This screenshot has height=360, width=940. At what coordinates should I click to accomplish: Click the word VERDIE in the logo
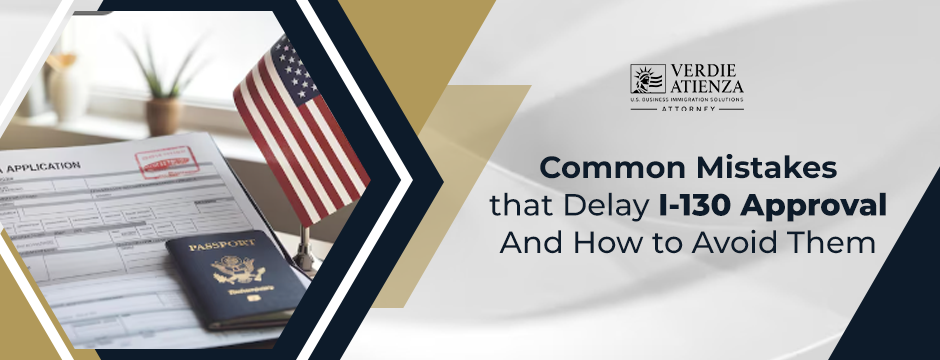pos(707,72)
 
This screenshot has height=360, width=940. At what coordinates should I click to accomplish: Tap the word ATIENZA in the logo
pos(708,89)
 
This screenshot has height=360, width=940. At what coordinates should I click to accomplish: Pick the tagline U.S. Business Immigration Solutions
pos(686,101)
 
